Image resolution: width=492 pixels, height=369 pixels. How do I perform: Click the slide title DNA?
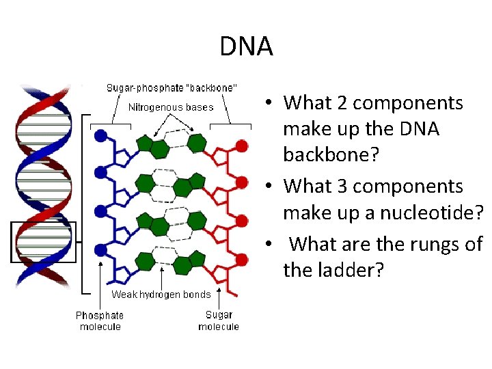tap(246, 46)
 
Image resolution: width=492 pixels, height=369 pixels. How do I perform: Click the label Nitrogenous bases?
tap(171, 107)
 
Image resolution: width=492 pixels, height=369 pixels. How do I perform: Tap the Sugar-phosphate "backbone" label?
tap(172, 88)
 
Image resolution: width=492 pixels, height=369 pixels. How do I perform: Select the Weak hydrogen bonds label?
tap(161, 295)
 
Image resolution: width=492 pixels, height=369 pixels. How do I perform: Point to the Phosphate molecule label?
tap(100, 320)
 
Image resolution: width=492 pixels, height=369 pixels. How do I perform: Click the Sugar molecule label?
tap(219, 320)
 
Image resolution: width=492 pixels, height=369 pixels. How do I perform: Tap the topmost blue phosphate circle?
tap(101, 135)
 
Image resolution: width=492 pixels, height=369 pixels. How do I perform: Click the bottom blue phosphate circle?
tap(101, 249)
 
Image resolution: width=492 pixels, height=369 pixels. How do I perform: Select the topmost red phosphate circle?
tap(241, 145)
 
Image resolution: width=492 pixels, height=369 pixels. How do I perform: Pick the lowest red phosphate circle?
tap(241, 258)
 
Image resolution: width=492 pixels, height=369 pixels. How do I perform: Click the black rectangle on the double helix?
tap(43, 242)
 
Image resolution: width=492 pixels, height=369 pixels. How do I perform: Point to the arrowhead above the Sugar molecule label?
tap(219, 288)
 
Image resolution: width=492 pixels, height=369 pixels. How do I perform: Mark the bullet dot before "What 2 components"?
tap(271, 103)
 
